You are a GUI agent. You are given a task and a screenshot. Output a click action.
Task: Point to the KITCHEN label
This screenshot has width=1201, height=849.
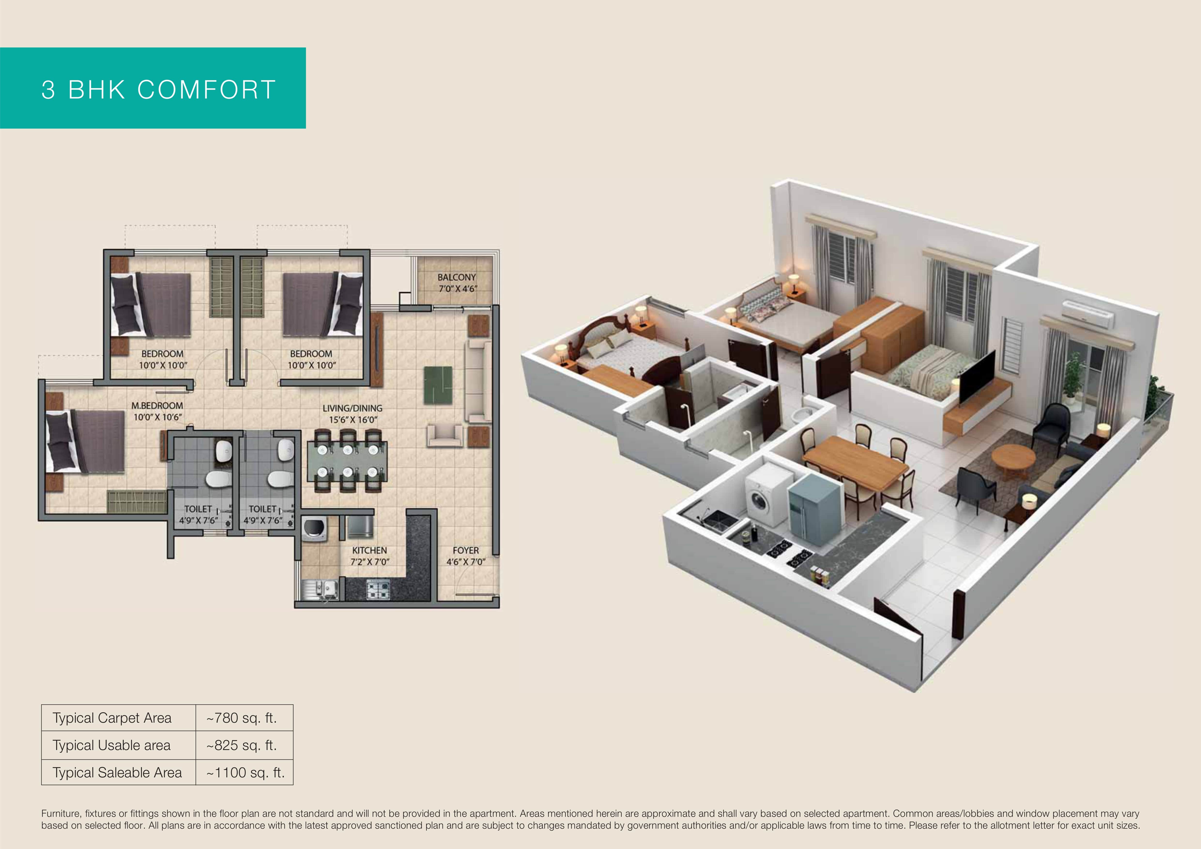click(369, 551)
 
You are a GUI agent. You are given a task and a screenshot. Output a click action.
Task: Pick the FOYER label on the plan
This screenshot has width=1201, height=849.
click(466, 551)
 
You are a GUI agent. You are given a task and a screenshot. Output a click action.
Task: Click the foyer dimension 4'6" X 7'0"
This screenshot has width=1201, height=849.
click(466, 562)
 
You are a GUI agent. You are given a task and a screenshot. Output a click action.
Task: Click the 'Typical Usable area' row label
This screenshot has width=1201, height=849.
click(111, 745)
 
